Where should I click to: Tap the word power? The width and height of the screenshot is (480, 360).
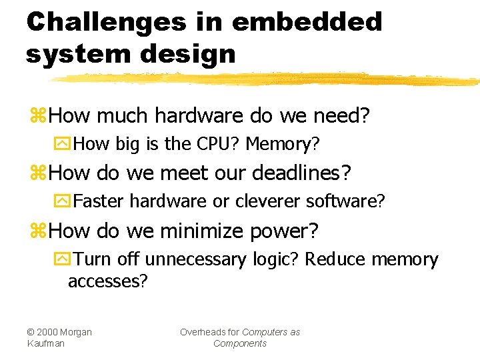[285, 231]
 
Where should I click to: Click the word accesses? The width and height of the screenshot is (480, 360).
[107, 281]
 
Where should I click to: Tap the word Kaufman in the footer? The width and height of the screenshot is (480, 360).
[46, 343]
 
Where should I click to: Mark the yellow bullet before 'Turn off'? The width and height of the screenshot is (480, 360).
[62, 259]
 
